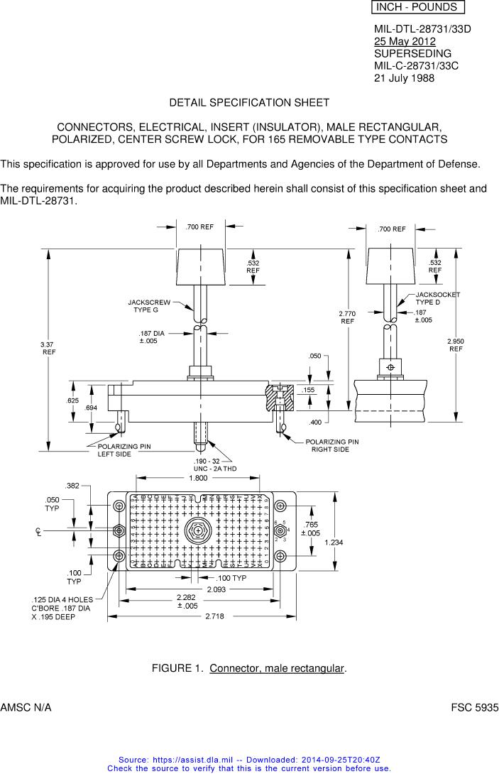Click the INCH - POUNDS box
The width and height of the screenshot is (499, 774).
point(417,8)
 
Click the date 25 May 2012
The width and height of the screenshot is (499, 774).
point(405,41)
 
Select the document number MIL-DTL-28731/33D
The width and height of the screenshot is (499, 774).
point(422,29)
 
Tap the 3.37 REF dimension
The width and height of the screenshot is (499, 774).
point(48,348)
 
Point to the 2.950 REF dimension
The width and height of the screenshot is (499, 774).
point(455,345)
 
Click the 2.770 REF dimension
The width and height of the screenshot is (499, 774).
point(347,317)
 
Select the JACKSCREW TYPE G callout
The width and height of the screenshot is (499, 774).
point(149,306)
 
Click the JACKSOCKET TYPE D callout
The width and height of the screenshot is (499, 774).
point(437,298)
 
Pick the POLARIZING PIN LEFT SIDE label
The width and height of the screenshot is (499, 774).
point(124,450)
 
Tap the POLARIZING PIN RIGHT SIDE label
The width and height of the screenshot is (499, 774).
point(331,445)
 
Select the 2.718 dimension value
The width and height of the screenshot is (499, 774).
point(214,616)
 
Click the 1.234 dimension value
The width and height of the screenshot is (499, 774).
point(334,543)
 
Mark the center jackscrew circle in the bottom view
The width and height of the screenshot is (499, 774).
point(196,531)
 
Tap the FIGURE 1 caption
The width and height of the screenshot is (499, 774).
point(248,669)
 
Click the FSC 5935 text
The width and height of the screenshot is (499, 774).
point(475,709)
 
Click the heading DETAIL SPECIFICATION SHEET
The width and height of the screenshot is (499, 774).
point(248,103)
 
